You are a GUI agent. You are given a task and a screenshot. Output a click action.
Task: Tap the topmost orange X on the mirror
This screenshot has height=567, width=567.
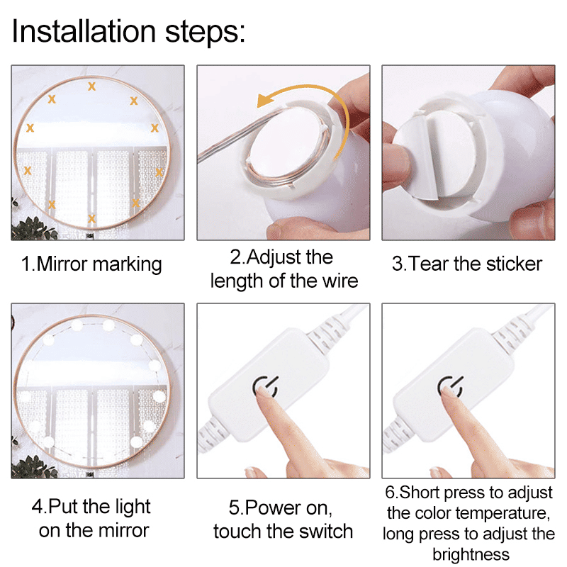click(x=91, y=86)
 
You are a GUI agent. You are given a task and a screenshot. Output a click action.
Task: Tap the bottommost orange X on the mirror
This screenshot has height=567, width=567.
click(x=91, y=218)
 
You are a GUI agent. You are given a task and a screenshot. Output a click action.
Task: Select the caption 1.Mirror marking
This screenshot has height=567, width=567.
click(x=91, y=264)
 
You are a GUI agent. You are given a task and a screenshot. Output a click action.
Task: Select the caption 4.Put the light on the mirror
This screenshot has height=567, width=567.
click(x=91, y=518)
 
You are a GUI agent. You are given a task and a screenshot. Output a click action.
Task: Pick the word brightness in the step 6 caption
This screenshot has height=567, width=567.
click(x=471, y=554)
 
